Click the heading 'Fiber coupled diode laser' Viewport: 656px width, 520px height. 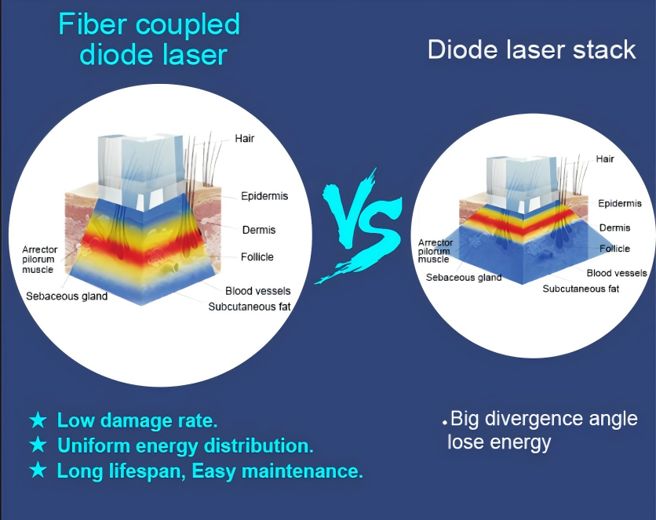[149, 39]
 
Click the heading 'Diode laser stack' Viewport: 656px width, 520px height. [532, 49]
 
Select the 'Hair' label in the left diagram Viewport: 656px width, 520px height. [244, 138]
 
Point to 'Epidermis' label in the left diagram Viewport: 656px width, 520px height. [264, 196]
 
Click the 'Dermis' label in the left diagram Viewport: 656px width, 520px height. [259, 230]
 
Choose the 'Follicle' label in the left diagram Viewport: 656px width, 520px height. [257, 257]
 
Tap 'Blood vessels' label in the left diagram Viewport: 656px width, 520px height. [257, 291]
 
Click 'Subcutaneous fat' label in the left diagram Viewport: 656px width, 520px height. [250, 307]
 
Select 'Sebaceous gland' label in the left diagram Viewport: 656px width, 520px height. [67, 296]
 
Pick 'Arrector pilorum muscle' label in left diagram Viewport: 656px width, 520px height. [39, 260]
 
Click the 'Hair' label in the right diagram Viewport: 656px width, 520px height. [605, 159]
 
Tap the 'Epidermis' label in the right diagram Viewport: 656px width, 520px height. [620, 204]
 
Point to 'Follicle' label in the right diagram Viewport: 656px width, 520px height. [614, 249]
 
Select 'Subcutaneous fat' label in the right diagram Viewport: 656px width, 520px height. [581, 289]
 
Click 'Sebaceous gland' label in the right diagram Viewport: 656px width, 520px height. [464, 278]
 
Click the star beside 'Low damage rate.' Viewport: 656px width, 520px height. [38, 420]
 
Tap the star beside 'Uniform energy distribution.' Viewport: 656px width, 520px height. [38, 445]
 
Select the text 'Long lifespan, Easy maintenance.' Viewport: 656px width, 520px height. [210, 471]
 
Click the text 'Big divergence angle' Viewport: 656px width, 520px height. [544, 419]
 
